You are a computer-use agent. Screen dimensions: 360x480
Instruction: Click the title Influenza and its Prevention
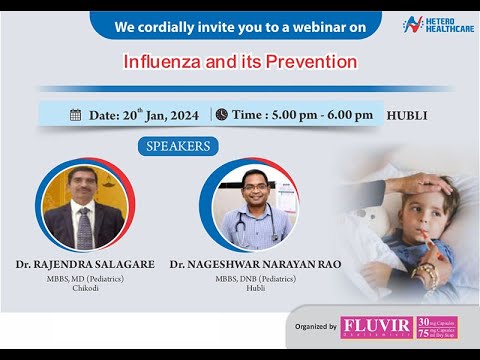pos(240,61)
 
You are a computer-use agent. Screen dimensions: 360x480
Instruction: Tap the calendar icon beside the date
pos(75,115)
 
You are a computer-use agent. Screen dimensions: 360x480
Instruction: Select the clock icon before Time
pos(221,115)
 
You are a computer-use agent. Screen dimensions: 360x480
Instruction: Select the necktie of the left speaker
pos(84,226)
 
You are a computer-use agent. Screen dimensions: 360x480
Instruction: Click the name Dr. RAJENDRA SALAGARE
pos(84,264)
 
